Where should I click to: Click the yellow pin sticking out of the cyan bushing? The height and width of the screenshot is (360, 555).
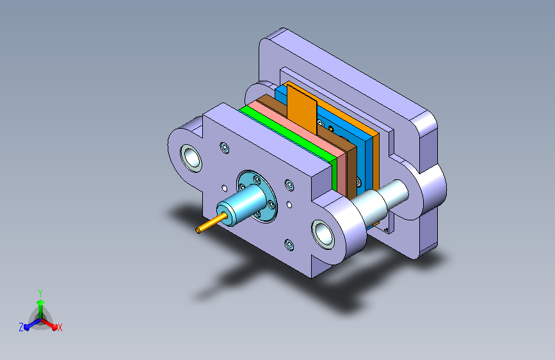[x=211, y=223]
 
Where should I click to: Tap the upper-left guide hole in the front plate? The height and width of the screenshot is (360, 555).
[x=191, y=158]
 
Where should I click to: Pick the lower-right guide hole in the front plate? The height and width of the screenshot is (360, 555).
[x=323, y=234]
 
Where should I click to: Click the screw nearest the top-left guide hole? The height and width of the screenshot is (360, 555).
[x=225, y=147]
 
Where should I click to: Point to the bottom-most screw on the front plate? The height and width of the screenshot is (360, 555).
[x=289, y=244]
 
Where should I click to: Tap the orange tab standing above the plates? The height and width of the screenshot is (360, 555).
[x=302, y=109]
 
